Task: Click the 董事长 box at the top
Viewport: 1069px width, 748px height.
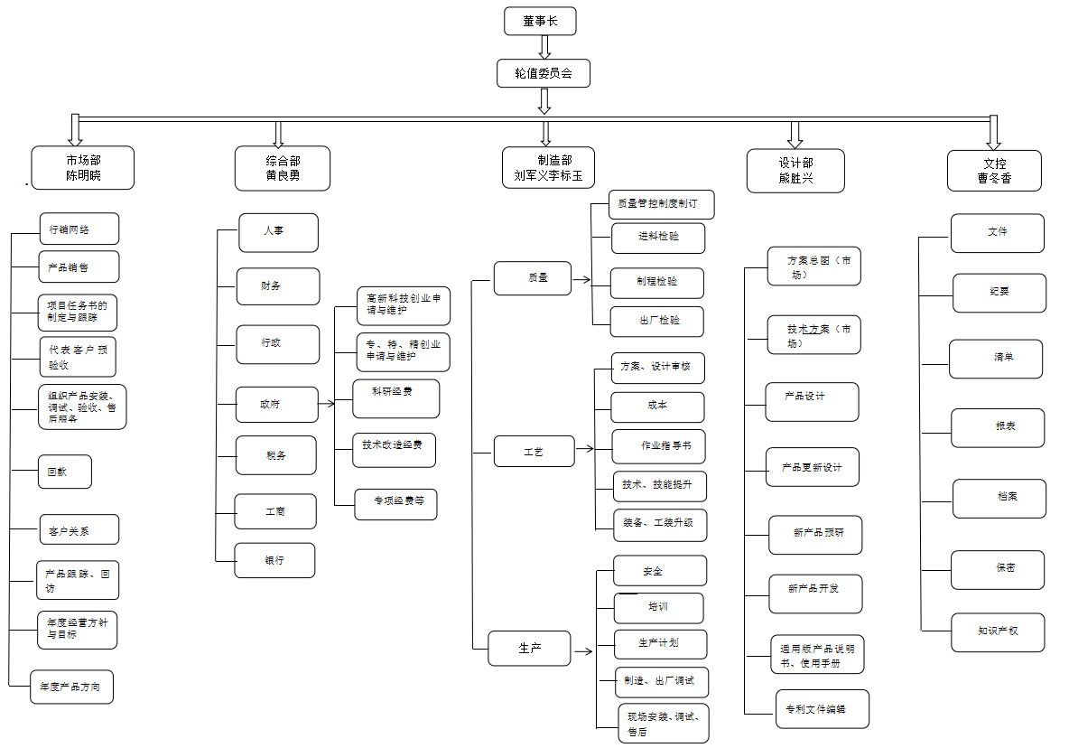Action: click(x=540, y=21)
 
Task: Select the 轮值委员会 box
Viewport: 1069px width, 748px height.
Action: click(x=544, y=73)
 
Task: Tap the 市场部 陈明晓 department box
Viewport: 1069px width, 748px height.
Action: click(x=82, y=168)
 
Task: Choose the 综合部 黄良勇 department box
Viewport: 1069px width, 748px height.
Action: click(x=282, y=168)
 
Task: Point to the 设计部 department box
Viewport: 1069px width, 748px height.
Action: click(x=795, y=171)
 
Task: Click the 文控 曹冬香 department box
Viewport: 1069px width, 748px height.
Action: click(x=994, y=171)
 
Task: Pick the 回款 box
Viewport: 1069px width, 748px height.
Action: click(x=64, y=472)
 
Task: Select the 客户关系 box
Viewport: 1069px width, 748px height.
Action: click(x=79, y=530)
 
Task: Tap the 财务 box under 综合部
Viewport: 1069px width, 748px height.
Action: click(x=277, y=286)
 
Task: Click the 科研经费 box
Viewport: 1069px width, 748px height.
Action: click(x=395, y=398)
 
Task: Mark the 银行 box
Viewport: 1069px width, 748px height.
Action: click(x=274, y=560)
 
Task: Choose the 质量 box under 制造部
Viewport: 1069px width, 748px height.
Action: click(x=533, y=277)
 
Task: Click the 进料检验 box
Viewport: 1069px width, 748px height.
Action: click(x=658, y=238)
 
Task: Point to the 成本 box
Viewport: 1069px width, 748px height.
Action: click(x=657, y=407)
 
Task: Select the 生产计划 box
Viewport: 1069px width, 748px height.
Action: click(x=659, y=644)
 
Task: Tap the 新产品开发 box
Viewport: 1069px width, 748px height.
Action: click(x=815, y=594)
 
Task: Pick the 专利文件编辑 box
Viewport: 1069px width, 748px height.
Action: click(x=822, y=709)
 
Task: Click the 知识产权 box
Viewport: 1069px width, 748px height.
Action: click(x=998, y=631)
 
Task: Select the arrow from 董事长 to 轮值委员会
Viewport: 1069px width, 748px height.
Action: click(x=544, y=47)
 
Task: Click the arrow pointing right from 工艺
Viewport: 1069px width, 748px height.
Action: click(x=585, y=449)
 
